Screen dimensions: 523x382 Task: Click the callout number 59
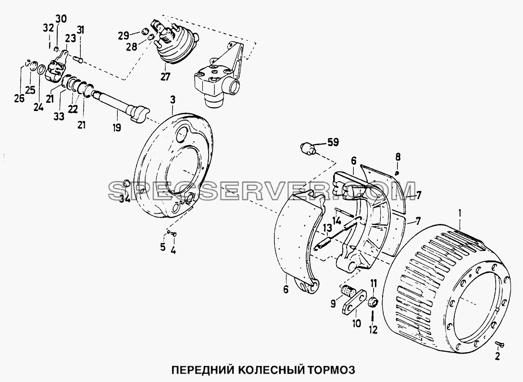pos(332,142)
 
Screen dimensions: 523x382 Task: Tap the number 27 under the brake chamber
pos(165,77)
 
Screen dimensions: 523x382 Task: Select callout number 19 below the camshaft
pos(116,127)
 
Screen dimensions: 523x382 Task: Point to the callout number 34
pos(125,199)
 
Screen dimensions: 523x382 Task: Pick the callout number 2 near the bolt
pos(498,357)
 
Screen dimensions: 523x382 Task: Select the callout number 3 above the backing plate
pos(173,99)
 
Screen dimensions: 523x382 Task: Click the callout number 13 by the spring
pos(327,228)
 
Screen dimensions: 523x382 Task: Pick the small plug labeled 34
pos(126,183)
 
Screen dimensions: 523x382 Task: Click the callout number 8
pos(398,157)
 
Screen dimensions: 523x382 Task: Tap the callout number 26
pos(19,99)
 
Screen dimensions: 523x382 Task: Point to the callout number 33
pos(60,117)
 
